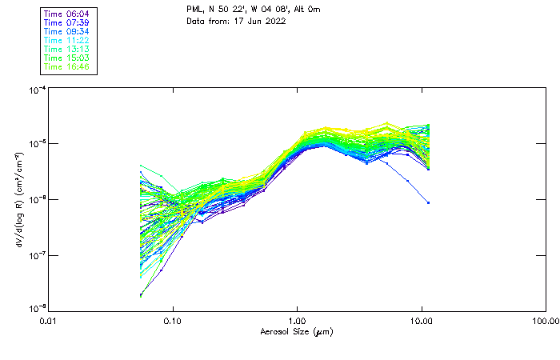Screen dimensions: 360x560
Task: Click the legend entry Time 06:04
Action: tap(67, 14)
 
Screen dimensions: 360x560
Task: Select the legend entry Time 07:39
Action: tap(67, 22)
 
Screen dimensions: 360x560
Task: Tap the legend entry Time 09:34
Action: tap(67, 31)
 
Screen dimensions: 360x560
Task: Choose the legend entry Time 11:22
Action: tap(67, 40)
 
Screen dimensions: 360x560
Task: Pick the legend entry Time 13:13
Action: tap(67, 49)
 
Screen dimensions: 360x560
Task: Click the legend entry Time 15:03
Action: tap(67, 58)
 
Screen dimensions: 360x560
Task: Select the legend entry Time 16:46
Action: tap(67, 66)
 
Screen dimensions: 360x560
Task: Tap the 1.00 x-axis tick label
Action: tap(297, 320)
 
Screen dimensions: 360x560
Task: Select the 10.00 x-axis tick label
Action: tap(421, 320)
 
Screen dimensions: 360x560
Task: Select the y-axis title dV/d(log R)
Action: tap(19, 200)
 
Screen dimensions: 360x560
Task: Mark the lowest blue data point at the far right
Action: tap(429, 202)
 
